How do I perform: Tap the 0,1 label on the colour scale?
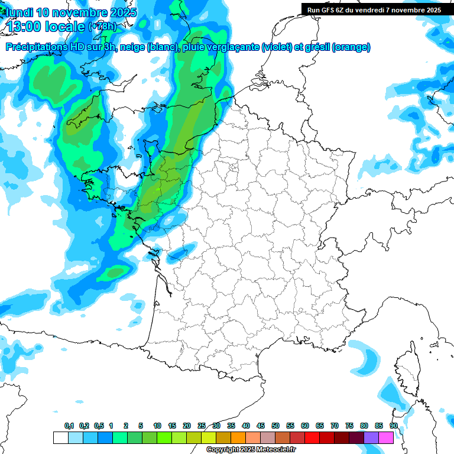(x=69, y=426)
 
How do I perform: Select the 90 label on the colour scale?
(x=393, y=426)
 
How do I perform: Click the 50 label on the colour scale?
(x=275, y=426)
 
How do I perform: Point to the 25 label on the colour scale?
(x=202, y=426)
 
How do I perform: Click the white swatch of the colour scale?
(x=60, y=437)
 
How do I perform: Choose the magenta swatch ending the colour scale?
(x=386, y=437)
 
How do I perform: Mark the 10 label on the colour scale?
(x=157, y=426)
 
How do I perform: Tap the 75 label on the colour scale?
(x=349, y=426)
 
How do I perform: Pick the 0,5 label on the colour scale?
(x=99, y=426)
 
